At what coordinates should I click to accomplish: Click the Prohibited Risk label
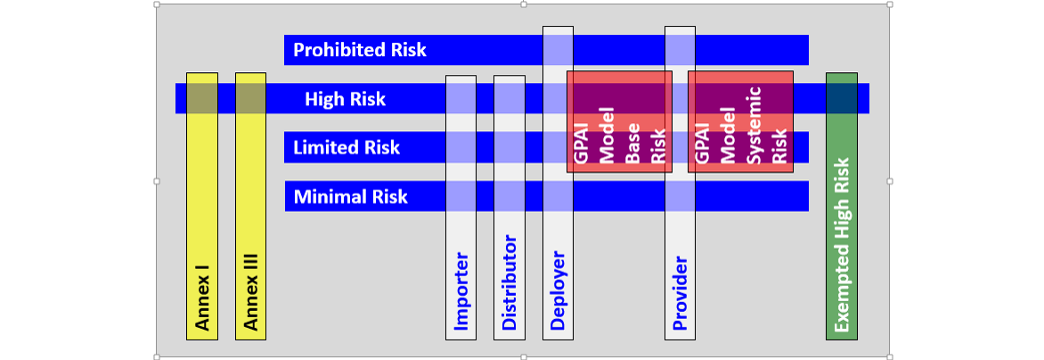tap(360, 50)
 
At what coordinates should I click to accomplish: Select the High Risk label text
tap(346, 99)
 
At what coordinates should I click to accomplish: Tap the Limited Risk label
tap(347, 148)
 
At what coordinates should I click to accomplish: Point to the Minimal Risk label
tap(351, 196)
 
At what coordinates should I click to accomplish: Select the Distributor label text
tap(510, 282)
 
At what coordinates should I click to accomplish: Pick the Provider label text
tap(680, 294)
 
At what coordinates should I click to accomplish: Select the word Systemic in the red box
tap(754, 127)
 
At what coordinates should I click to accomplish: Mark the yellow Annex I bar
tap(202, 223)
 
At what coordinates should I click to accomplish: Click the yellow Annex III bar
tap(251, 223)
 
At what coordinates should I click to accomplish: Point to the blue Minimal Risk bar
tap(624, 196)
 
